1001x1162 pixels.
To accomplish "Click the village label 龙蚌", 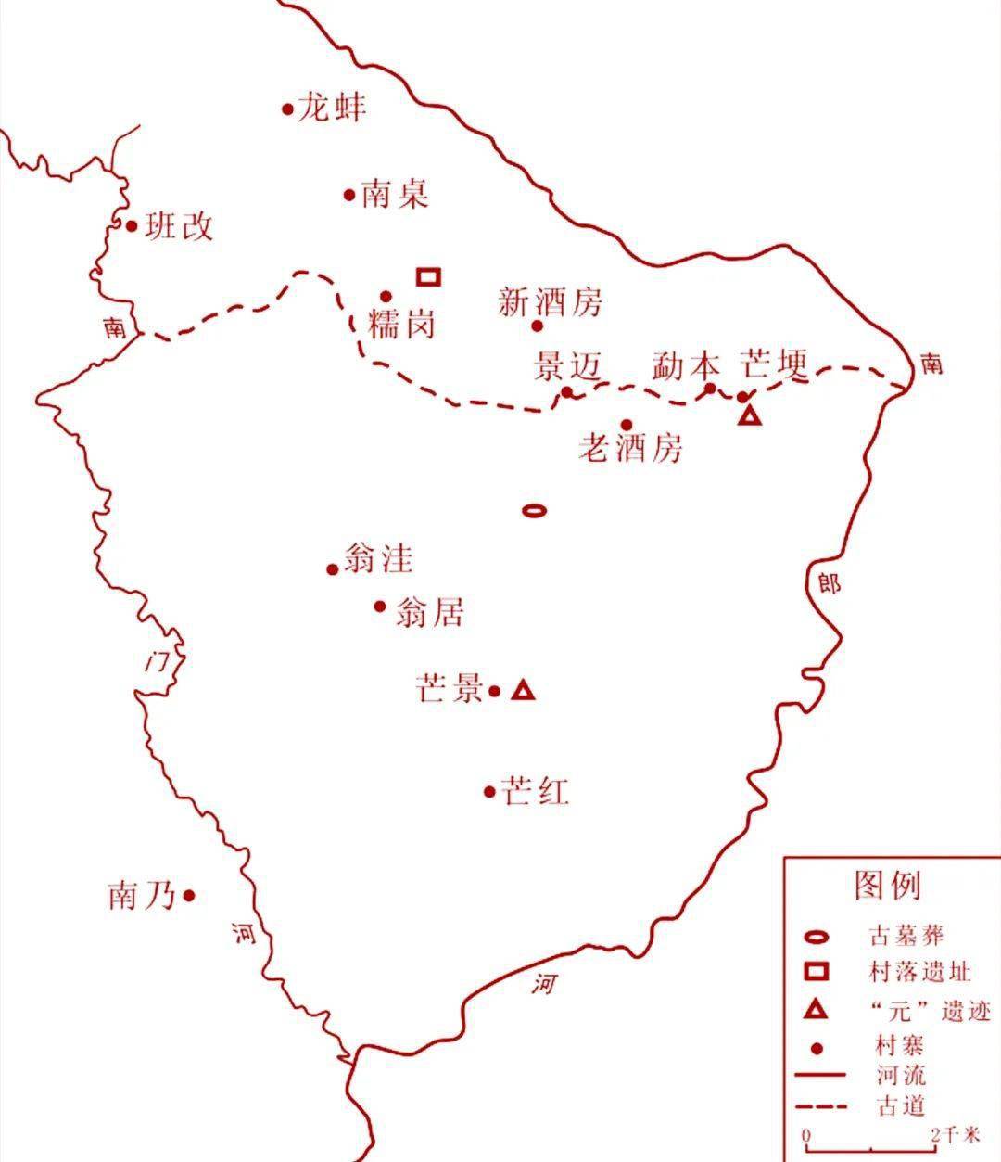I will (331, 108).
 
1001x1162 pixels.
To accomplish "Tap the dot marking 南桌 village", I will (349, 195).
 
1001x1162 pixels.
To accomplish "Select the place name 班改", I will (179, 225).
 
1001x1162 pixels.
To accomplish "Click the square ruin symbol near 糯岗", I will (428, 276).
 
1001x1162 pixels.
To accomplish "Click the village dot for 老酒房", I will (627, 425).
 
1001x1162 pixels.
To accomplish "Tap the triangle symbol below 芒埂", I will (749, 415).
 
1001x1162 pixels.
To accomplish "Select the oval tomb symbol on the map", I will (534, 509).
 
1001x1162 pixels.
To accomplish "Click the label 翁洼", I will (377, 558).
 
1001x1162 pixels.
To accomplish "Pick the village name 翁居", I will (429, 612).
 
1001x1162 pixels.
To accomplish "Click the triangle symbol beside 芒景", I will (524, 690).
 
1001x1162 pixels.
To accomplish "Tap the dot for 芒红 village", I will (489, 791).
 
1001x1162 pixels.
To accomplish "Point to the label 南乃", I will (142, 896).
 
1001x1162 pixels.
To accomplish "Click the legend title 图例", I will (887, 885).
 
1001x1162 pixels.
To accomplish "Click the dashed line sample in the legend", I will (821, 1106).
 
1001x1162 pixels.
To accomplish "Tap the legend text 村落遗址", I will (920, 972).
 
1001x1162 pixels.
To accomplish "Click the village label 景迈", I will (567, 367).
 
